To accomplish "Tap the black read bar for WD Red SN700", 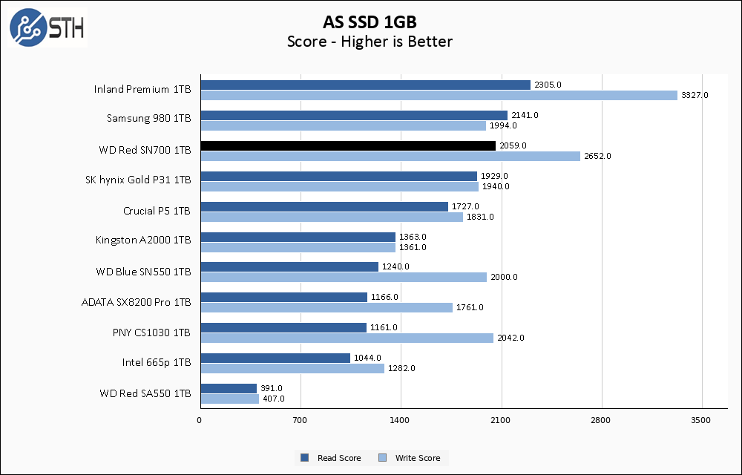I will (x=348, y=145).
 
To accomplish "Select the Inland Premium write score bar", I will (x=439, y=95).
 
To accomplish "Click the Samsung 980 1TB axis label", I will (x=148, y=119).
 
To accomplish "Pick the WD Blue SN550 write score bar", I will (x=344, y=277).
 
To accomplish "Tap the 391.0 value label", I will (x=271, y=388).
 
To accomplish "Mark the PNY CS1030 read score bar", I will (x=283, y=327).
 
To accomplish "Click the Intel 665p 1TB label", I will (x=157, y=363).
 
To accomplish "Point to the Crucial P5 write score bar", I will (x=332, y=217).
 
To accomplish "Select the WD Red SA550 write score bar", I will (x=229, y=399).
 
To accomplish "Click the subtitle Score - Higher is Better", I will (x=370, y=42).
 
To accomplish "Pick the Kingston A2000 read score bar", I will (x=298, y=237).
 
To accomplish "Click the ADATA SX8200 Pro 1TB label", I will (x=136, y=302).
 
